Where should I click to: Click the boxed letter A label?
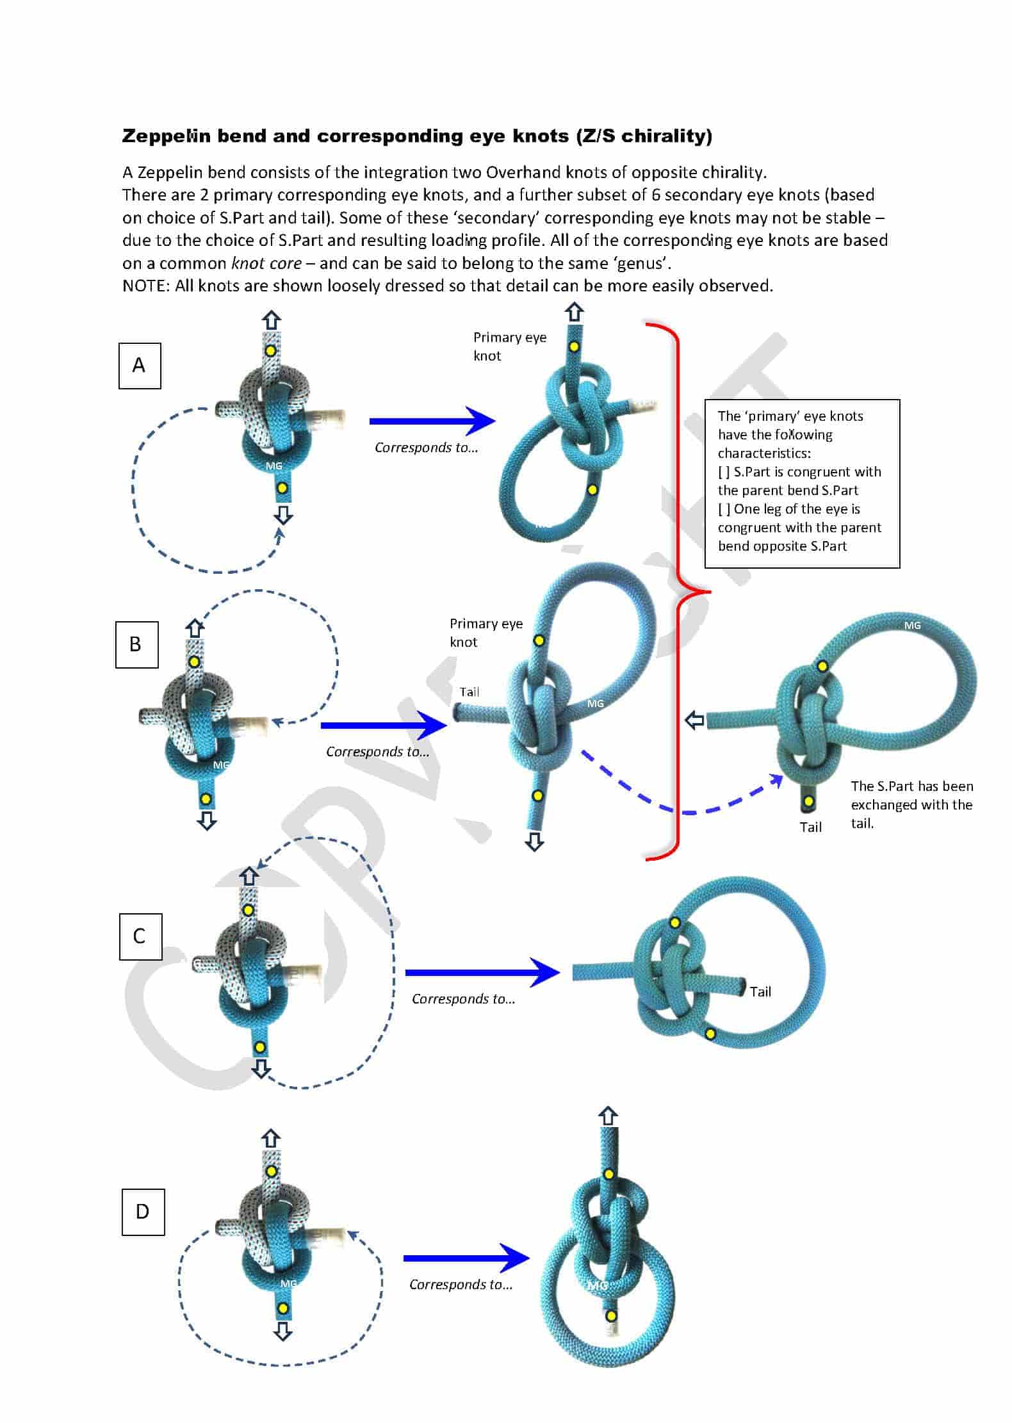139,366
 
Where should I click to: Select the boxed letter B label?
136,644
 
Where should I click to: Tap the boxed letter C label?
140,936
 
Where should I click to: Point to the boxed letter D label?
143,1212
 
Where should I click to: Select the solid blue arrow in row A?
432,421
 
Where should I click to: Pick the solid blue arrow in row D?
466,1258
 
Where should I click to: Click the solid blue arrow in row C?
482,972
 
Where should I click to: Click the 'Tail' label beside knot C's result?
760,991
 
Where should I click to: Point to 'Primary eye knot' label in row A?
509,346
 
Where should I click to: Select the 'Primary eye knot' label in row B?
486,633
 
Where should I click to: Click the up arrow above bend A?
272,320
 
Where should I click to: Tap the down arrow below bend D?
282,1332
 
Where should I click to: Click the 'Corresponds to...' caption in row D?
461,1284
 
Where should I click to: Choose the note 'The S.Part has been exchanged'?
911,804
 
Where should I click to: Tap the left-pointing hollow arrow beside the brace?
694,720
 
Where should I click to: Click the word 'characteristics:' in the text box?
763,453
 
